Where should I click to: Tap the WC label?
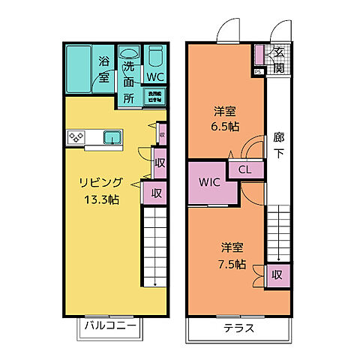[156, 76]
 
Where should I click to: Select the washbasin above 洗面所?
[130, 54]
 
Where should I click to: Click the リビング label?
[100, 182]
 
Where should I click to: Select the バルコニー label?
[109, 325]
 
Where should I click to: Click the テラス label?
[238, 328]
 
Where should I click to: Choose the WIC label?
[208, 182]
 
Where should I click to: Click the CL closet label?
[245, 169]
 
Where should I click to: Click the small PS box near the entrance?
[259, 71]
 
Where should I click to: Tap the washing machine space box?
[157, 95]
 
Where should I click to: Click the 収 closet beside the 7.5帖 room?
[277, 274]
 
